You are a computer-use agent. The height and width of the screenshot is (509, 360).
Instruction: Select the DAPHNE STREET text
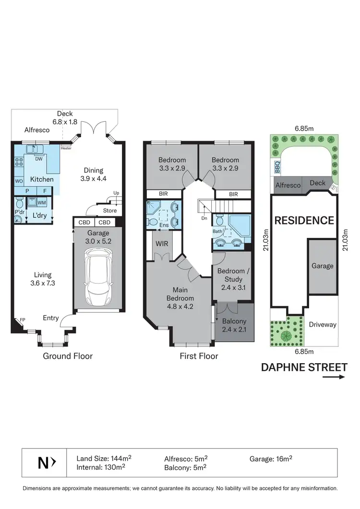304,367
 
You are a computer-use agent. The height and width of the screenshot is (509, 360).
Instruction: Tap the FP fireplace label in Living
22,321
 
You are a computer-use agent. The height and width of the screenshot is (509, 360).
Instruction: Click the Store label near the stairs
110,210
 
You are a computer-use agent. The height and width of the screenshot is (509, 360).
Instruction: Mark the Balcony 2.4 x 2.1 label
234,325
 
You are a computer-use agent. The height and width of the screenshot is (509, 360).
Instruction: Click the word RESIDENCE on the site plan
304,221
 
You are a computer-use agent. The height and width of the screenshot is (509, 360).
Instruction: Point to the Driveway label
323,325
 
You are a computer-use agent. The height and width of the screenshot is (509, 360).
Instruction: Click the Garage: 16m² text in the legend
271,458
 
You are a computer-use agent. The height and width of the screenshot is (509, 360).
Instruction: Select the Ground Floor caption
68,356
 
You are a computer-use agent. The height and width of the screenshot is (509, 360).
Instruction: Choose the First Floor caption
199,356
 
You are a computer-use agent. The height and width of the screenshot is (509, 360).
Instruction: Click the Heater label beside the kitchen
66,148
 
